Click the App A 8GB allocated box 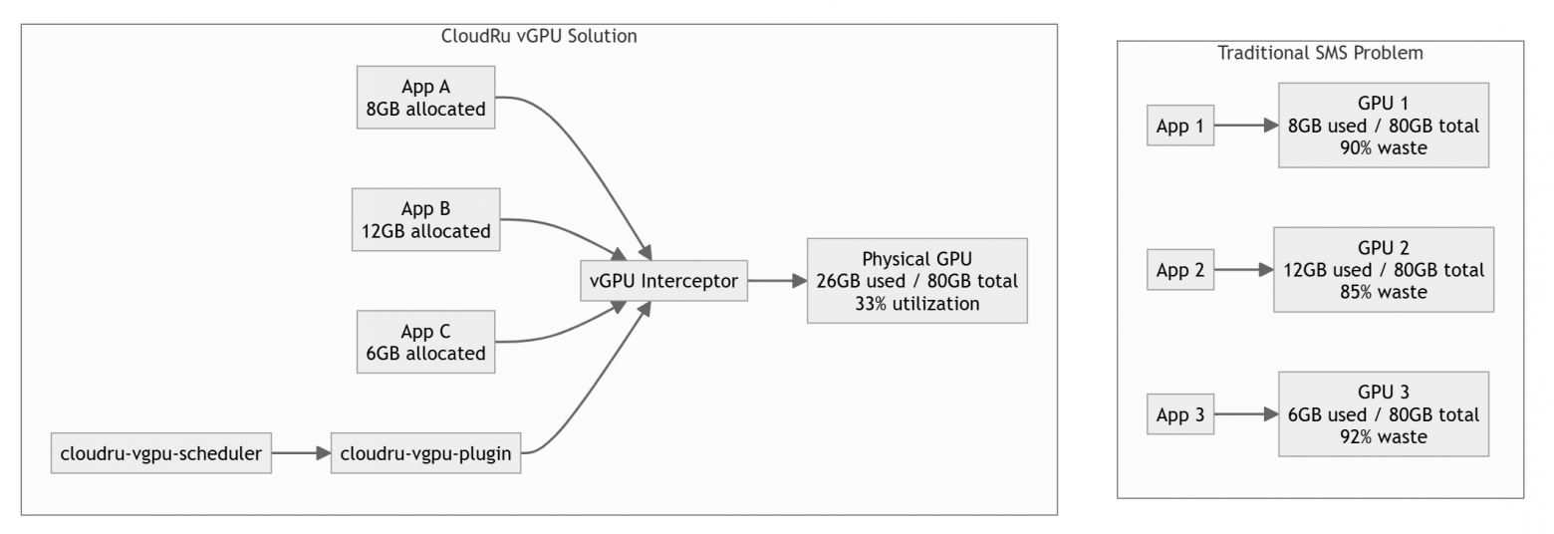pos(425,98)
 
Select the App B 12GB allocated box pos(425,220)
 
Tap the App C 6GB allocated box pos(425,342)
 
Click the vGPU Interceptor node pos(663,281)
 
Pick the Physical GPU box pos(916,281)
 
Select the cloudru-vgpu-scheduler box pos(160,454)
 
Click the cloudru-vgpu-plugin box pos(425,454)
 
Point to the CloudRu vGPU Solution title pos(539,36)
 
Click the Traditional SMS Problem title pos(1320,53)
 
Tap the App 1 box pos(1180,126)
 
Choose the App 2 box pos(1180,270)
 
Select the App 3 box pos(1180,414)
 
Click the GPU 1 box pos(1383,126)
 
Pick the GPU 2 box pos(1383,270)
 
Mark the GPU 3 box pos(1383,414)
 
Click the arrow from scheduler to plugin pos(300,454)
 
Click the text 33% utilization pos(916,304)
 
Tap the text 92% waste pos(1383,436)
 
